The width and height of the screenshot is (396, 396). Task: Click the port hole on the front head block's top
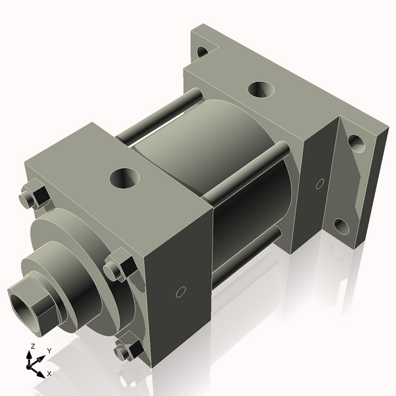pos(123,177)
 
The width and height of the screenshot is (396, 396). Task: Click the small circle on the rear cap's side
pos(321,182)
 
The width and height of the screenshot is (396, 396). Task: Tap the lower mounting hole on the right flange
pos(341,226)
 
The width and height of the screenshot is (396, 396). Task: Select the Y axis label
pos(49,350)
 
